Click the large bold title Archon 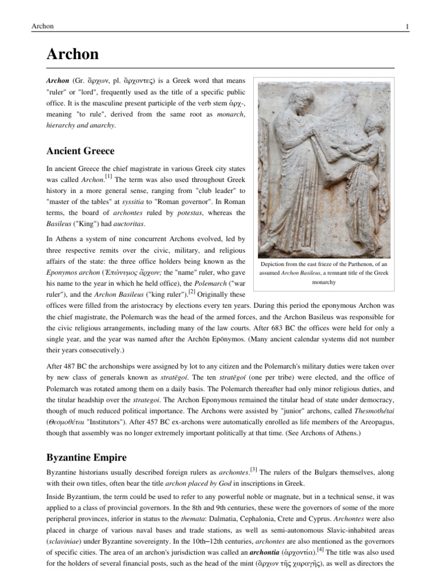click(x=72, y=55)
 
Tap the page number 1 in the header click(x=407, y=26)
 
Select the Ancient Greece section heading click(x=80, y=151)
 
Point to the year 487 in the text click(x=73, y=366)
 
